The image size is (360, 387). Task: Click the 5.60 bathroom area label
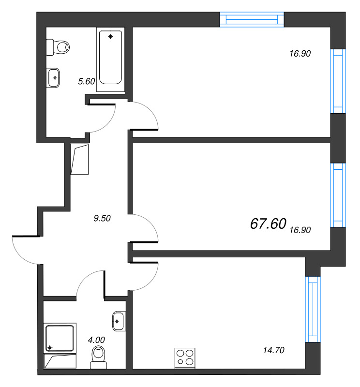87,81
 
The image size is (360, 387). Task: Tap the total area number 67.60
268,223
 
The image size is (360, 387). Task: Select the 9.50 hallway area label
102,218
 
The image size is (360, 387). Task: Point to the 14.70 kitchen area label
273,350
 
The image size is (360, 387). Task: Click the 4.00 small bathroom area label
96,340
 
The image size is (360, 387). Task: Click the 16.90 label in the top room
300,54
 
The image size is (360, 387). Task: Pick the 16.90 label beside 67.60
300,230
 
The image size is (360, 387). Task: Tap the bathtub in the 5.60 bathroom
110,59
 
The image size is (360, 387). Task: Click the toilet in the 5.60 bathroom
58,47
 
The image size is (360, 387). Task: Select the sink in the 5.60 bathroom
53,78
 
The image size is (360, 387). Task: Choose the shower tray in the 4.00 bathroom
60,338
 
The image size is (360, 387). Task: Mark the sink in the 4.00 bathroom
119,321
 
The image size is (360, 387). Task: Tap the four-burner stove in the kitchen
185,358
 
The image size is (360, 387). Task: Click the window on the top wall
252,19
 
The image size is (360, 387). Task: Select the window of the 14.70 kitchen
313,309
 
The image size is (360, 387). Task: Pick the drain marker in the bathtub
110,37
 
